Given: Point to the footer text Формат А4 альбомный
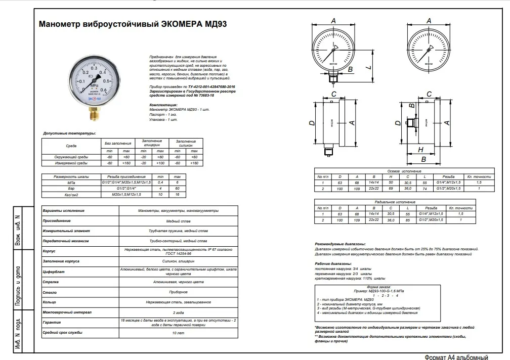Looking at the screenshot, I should pos(456,357).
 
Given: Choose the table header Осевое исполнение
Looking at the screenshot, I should pos(404,171).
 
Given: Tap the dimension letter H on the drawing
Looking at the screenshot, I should pos(420,150).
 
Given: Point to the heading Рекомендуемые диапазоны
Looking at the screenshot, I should pos(340,244).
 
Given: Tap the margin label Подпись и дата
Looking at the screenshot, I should pos(17,284).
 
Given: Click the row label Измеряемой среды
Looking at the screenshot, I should pos(71,163).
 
